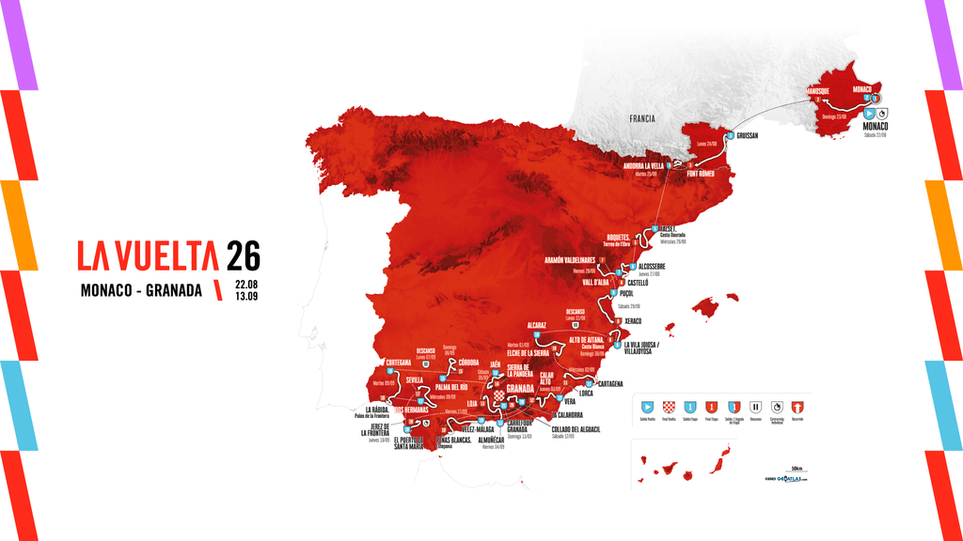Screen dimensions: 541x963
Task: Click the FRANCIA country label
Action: click(x=642, y=119)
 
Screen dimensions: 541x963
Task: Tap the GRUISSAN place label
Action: click(x=742, y=135)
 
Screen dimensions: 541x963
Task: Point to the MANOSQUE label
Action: click(x=817, y=91)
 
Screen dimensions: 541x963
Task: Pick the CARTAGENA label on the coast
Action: click(x=604, y=383)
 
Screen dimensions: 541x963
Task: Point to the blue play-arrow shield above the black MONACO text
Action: click(x=869, y=113)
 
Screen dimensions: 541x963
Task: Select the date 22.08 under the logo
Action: click(x=247, y=283)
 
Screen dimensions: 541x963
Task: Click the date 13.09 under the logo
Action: click(x=247, y=296)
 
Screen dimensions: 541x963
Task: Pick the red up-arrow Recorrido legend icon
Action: click(x=796, y=407)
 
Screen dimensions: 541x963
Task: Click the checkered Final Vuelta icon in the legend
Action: click(x=669, y=407)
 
